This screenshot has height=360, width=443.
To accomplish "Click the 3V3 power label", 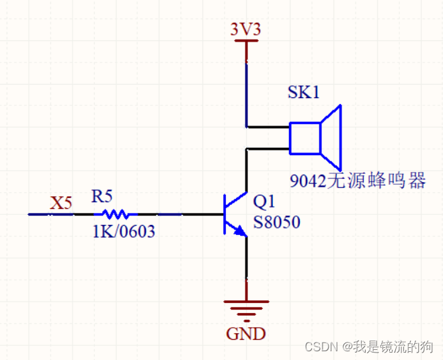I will pyautogui.click(x=245, y=30).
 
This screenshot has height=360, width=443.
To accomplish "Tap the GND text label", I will pyautogui.click(x=245, y=333).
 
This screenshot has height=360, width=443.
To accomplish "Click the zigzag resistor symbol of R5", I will pyautogui.click(x=116, y=214).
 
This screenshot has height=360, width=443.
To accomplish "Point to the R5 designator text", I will pyautogui.click(x=102, y=197).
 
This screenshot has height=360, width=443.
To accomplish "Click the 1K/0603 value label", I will pyautogui.click(x=123, y=232).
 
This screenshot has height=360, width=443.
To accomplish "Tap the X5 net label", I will pyautogui.click(x=61, y=202).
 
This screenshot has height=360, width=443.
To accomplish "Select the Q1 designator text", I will pyautogui.click(x=264, y=202).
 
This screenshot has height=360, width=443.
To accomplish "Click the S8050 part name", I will pyautogui.click(x=276, y=222).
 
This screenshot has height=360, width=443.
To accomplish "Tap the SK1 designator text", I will pyautogui.click(x=303, y=92).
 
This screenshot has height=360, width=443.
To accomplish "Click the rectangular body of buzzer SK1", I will pyautogui.click(x=305, y=137).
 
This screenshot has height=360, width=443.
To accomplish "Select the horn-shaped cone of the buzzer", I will pyautogui.click(x=331, y=137).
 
